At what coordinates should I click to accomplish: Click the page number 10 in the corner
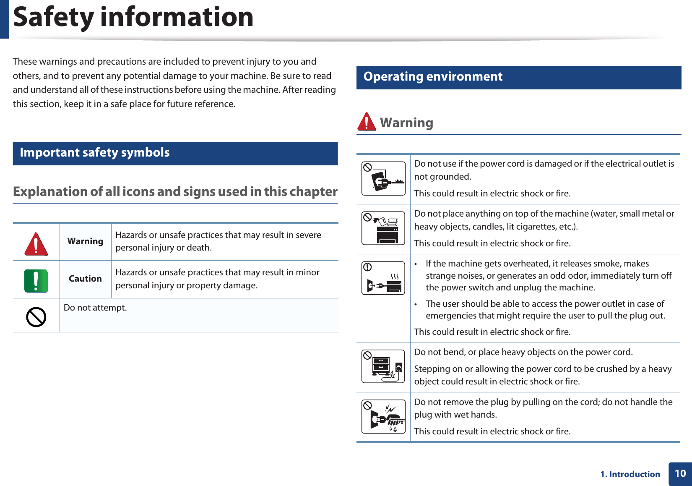point(680,473)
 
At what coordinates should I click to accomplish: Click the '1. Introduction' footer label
point(630,474)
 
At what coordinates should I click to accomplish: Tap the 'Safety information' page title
point(133,18)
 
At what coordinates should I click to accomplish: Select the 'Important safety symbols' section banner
point(175,153)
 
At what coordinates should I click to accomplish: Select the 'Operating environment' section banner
point(518,77)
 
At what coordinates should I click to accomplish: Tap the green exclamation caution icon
point(36,281)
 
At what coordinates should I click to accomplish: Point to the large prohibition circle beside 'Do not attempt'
point(36,317)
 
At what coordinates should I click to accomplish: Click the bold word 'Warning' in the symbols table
point(85,241)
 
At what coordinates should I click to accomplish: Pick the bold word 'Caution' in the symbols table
point(85,279)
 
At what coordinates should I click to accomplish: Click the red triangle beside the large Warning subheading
point(367,122)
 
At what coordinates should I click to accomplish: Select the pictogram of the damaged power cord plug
point(383,178)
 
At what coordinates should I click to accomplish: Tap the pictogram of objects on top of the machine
point(383,228)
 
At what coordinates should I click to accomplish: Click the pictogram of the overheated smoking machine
point(383,278)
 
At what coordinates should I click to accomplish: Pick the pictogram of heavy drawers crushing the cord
point(383,366)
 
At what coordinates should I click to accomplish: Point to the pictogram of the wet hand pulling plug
point(383,416)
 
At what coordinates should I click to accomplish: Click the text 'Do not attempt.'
point(95,308)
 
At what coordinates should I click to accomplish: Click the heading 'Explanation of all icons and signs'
point(175,192)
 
